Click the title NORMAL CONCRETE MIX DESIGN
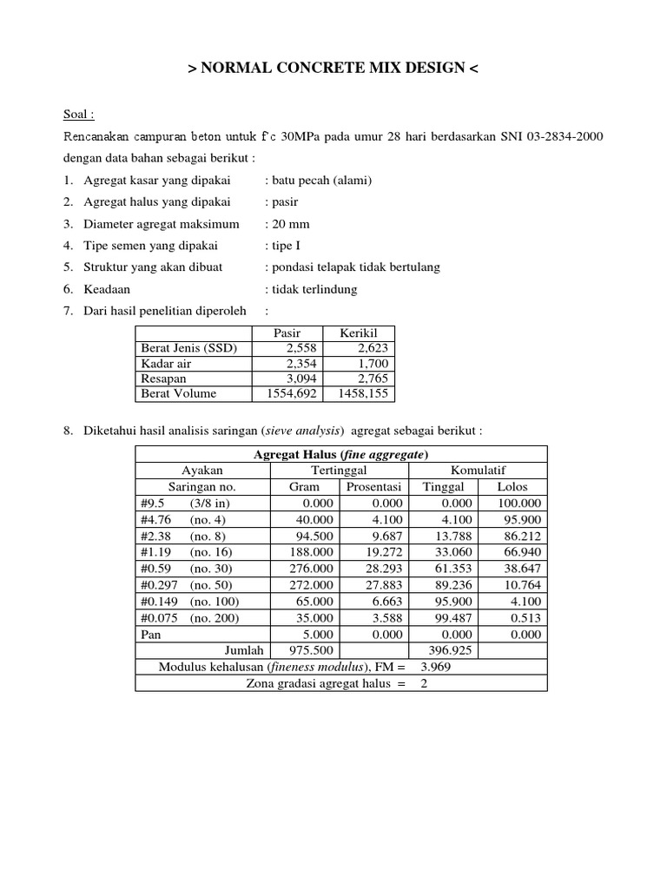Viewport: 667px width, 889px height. point(333,69)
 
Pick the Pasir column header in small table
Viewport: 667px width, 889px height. point(287,333)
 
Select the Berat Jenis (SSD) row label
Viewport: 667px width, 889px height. point(188,348)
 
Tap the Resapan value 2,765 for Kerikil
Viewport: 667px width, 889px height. point(372,379)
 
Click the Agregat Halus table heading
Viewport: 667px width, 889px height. point(341,455)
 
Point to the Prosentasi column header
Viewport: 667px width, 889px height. point(373,487)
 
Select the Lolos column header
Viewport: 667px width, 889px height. point(512,487)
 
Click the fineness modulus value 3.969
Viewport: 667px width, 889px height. point(437,667)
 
